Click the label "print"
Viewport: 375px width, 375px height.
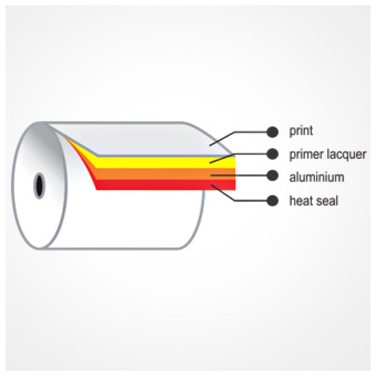[x=301, y=131]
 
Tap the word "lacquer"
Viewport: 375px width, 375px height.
[x=347, y=154]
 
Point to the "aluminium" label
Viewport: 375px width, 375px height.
[x=316, y=177]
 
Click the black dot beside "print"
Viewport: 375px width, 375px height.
[x=272, y=132]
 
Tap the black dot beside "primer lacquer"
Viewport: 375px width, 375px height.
[x=272, y=154]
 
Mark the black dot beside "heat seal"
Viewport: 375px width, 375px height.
[x=272, y=201]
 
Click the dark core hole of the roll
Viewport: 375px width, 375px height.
[x=39, y=186]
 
